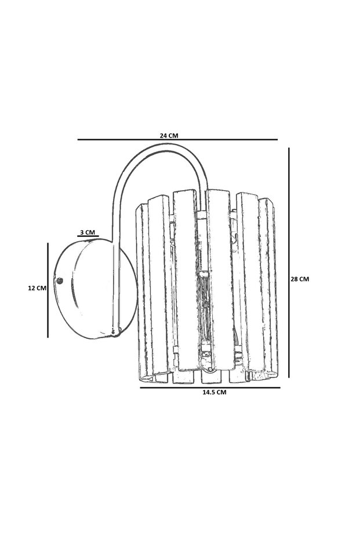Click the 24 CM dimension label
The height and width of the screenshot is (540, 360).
point(169,135)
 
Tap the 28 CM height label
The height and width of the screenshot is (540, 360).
point(300,279)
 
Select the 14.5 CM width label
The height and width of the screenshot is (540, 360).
point(214,392)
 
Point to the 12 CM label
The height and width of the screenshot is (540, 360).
point(37,288)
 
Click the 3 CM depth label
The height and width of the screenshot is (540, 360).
point(88,232)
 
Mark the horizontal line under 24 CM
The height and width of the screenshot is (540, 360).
point(177,140)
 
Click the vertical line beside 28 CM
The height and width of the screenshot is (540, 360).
point(289,262)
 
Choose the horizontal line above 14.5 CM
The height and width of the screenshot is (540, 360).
point(210,387)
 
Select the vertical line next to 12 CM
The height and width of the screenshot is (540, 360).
point(48,290)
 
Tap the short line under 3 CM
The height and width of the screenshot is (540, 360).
point(88,237)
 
